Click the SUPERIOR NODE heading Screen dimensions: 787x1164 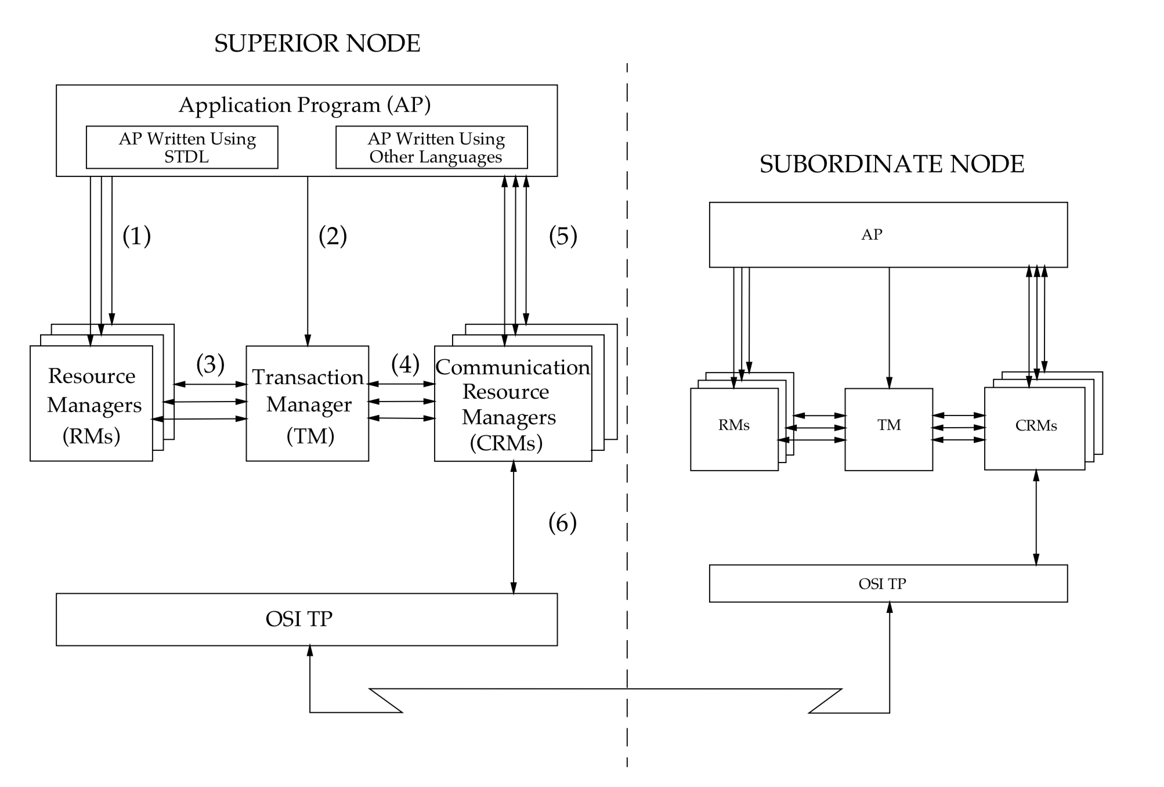317,44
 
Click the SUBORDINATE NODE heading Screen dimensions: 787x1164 891,164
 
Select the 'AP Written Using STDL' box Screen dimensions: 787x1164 182,147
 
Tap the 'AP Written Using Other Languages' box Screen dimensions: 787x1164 431,147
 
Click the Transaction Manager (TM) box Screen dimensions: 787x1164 307,404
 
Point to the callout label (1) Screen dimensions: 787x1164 136,236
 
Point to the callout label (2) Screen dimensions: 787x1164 332,236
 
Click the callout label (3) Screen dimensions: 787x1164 210,364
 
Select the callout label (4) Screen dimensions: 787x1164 405,364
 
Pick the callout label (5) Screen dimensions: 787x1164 563,236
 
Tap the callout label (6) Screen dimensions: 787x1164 562,523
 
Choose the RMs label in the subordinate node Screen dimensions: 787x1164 733,425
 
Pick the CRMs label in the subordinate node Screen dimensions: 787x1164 1036,426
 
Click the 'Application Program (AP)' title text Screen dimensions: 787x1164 305,105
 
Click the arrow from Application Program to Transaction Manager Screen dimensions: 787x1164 308,261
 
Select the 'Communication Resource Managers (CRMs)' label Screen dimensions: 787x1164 512,405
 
